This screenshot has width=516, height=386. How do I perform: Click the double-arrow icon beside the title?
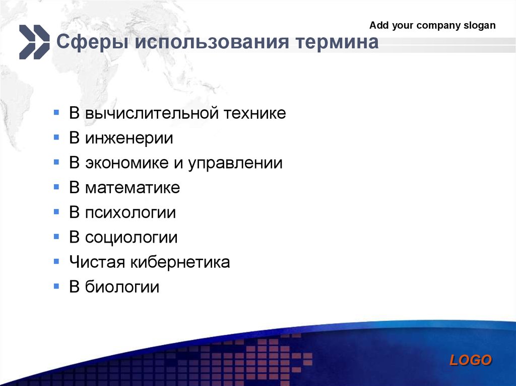click(34, 42)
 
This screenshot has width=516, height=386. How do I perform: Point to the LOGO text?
click(471, 360)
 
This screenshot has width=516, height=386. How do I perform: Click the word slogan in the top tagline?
click(479, 25)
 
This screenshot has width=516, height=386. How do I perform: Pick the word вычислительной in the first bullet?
click(152, 113)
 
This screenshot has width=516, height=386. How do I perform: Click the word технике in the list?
click(254, 113)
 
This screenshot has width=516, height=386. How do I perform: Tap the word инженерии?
click(129, 138)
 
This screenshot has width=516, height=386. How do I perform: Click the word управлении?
click(235, 163)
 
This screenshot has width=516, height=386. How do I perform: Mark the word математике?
click(133, 188)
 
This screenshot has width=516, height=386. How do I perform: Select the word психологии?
click(131, 213)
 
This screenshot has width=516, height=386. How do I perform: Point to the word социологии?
click(131, 238)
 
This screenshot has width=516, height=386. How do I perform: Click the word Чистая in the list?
click(97, 262)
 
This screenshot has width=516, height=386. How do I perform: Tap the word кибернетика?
click(180, 262)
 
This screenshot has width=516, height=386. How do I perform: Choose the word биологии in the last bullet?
click(122, 287)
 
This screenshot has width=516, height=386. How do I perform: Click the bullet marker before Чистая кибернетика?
click(56, 262)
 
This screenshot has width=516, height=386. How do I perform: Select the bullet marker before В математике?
click(56, 187)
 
